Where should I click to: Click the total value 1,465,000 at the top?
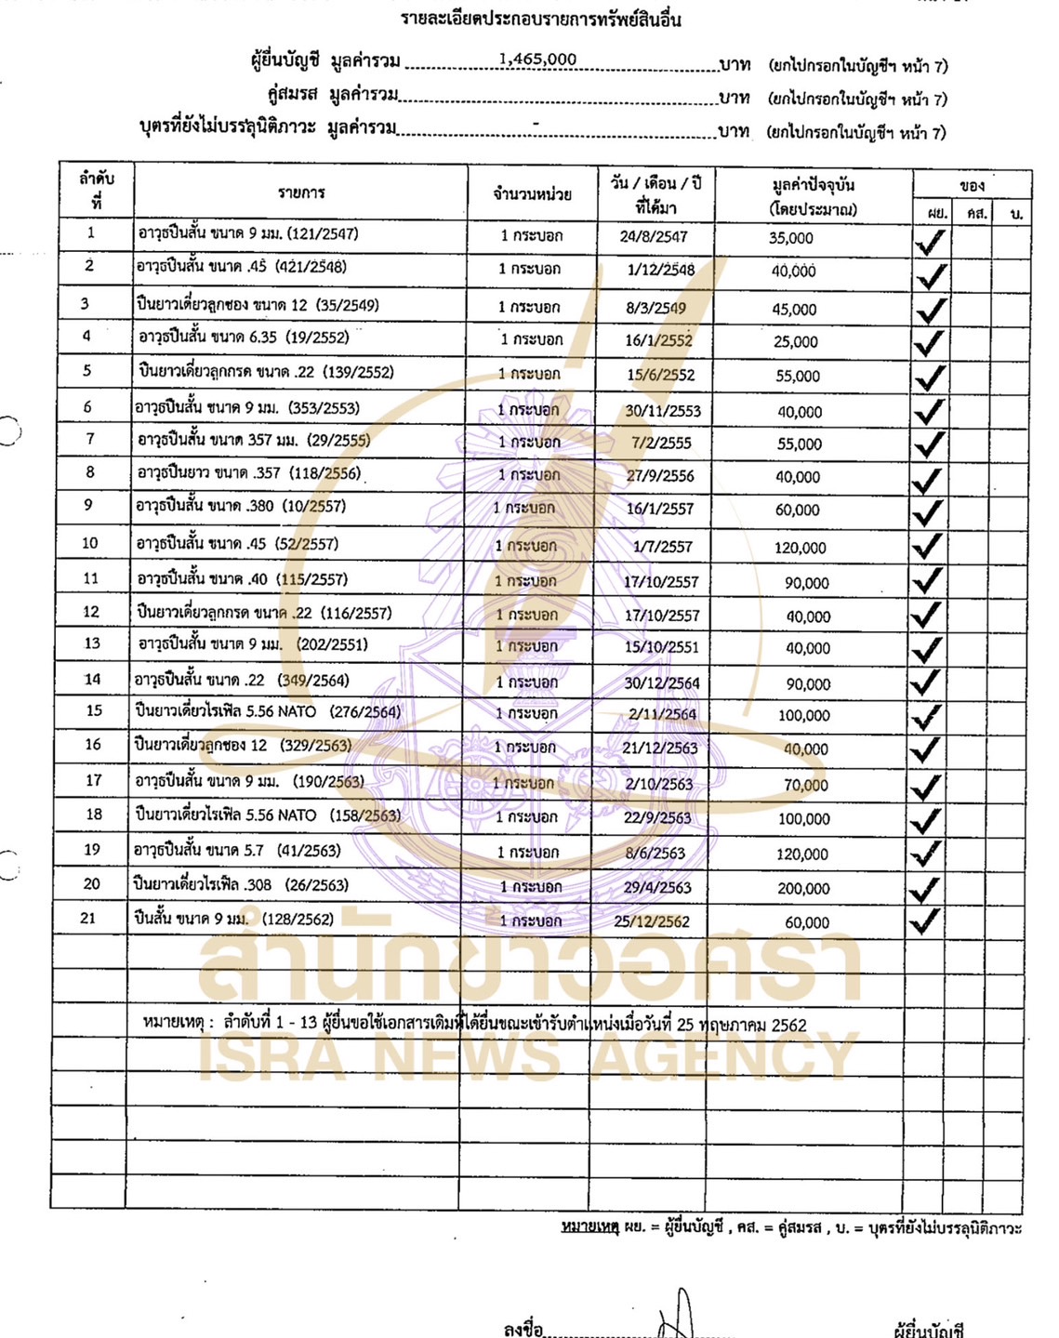537,60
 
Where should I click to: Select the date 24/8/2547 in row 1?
654,237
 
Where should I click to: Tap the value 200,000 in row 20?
803,889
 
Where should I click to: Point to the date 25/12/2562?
652,922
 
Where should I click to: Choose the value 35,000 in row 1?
790,238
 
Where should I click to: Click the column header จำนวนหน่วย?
532,194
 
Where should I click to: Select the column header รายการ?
301,192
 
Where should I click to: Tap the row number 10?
90,543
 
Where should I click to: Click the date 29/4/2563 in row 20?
657,888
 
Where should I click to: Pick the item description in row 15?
268,712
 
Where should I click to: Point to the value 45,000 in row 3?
794,310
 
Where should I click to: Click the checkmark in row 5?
929,378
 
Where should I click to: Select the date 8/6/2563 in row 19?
655,854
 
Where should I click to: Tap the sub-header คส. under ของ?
975,214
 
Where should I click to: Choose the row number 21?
88,919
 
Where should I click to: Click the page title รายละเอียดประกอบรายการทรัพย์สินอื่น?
541,20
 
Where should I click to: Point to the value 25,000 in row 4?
795,342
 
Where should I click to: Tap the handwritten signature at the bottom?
677,1316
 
